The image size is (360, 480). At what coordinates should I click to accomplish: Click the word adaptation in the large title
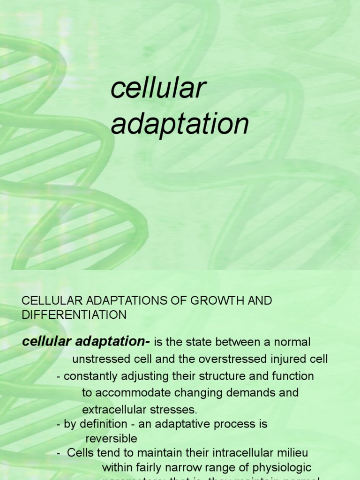[180, 124]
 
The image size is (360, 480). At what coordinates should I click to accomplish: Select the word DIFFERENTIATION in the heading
[74, 315]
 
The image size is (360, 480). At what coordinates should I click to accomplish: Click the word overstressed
[236, 359]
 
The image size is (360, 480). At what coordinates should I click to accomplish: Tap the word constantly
[89, 376]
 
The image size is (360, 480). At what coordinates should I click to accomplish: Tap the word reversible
[111, 439]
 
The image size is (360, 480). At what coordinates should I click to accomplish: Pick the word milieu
[292, 453]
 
